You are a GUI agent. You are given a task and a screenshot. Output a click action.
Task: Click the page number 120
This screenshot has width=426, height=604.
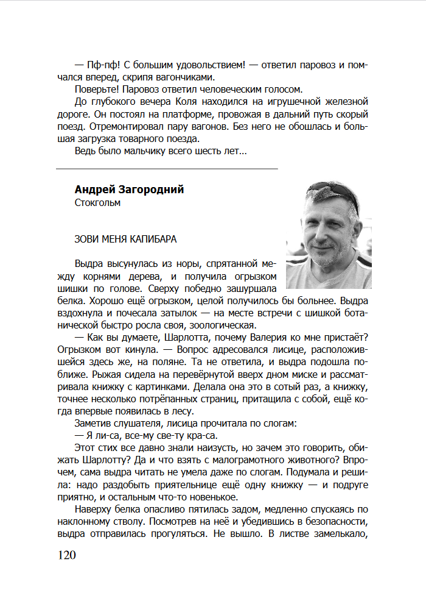67,555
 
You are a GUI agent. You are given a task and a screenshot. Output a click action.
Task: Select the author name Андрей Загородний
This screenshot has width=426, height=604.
129,190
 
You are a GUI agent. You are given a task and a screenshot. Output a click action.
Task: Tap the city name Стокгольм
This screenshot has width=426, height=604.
97,203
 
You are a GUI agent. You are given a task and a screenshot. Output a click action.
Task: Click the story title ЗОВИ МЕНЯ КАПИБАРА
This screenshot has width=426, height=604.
126,239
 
